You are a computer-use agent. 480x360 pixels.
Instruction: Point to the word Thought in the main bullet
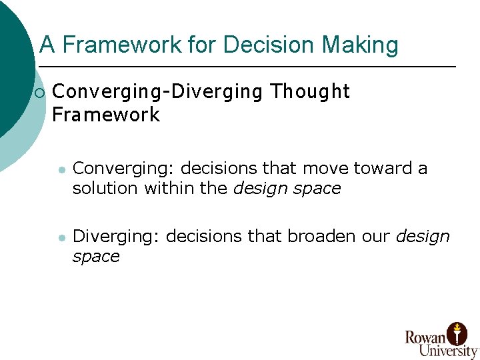pyautogui.click(x=310, y=91)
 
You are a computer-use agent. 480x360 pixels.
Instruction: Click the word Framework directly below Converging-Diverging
pyautogui.click(x=106, y=115)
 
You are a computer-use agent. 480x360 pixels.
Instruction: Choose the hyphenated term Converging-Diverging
pyautogui.click(x=157, y=91)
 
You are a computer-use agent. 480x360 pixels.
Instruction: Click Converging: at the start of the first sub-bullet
pyautogui.click(x=124, y=169)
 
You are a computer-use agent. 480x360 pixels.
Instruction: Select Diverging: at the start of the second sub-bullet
pyautogui.click(x=117, y=237)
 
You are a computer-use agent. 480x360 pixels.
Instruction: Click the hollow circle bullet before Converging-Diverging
pyautogui.click(x=40, y=92)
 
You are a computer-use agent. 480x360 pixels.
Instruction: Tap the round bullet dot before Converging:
pyautogui.click(x=61, y=170)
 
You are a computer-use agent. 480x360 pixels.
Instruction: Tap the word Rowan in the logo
pyautogui.click(x=426, y=337)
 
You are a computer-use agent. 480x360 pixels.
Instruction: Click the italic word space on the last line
pyautogui.click(x=96, y=257)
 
